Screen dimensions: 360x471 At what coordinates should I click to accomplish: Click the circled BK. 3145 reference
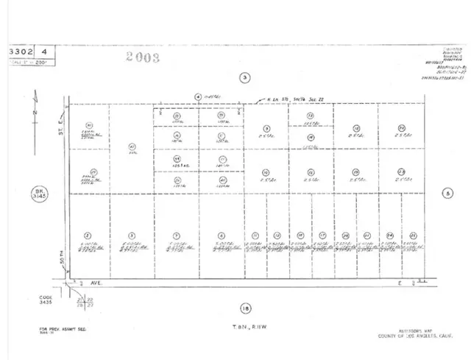coord(39,195)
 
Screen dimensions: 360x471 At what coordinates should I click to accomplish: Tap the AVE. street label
coord(96,282)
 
